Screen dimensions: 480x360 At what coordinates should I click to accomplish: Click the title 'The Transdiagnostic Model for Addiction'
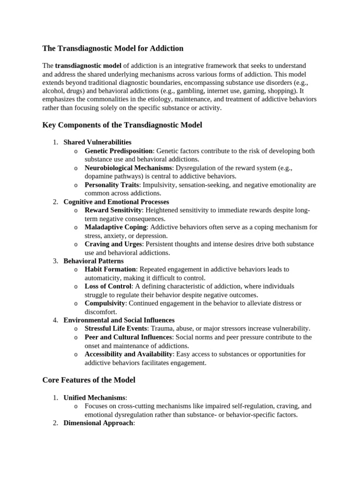point(113,48)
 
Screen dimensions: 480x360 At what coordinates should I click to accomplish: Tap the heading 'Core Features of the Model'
point(89,380)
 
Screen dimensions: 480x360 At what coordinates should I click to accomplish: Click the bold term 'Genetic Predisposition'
point(119,151)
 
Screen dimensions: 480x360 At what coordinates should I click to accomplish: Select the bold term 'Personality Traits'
point(112,185)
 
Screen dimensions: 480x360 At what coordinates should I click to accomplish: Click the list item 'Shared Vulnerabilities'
point(97,142)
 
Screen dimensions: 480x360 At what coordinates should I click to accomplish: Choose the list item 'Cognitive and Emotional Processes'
point(116,202)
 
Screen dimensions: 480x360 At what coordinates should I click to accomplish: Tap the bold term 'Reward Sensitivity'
point(112,210)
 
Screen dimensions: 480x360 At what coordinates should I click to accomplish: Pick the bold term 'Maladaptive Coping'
point(115,227)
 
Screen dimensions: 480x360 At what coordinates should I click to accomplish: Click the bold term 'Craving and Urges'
point(112,244)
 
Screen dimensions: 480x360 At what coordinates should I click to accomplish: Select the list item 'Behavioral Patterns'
point(93,261)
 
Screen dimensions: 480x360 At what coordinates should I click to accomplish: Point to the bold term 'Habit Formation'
point(110,269)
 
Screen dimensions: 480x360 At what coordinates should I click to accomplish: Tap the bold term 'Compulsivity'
point(105,303)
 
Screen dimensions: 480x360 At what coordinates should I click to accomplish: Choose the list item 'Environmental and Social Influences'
point(119,320)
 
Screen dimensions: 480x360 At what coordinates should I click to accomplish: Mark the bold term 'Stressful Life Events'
point(116,329)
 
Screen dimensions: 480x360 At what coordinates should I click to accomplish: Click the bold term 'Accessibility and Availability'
point(128,354)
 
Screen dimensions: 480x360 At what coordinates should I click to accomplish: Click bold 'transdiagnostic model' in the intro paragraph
point(88,66)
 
